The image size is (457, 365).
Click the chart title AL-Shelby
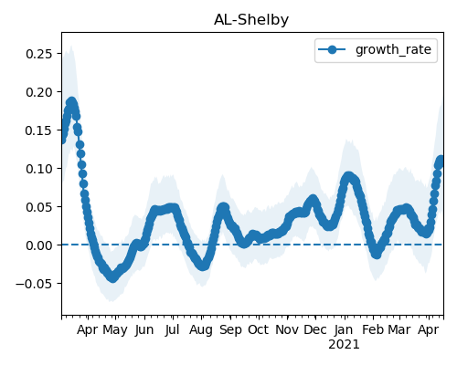click(x=251, y=20)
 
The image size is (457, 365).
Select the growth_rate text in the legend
click(x=393, y=49)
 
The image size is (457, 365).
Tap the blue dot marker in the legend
click(x=332, y=49)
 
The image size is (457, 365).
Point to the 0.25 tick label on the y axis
click(x=39, y=54)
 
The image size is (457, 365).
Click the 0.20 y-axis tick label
click(x=39, y=92)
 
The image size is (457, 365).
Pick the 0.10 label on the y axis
click(x=39, y=169)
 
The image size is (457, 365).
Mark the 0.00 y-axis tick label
click(x=39, y=245)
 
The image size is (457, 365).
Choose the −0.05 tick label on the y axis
click(x=35, y=284)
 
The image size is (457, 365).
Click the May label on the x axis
click(x=115, y=330)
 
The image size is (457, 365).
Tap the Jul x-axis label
click(x=172, y=329)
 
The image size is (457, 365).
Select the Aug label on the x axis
click(x=201, y=330)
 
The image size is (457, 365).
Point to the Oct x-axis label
click(x=259, y=329)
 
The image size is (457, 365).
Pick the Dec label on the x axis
click(x=315, y=329)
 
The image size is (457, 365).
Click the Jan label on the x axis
click(x=344, y=329)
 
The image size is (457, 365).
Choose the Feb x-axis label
click(x=373, y=329)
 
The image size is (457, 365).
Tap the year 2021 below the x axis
click(x=344, y=345)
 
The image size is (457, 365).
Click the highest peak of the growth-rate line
click(x=71, y=101)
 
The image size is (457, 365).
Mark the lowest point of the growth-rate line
click(x=113, y=277)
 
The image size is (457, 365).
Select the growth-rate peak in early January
click(x=348, y=176)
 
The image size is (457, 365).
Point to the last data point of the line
click(x=441, y=160)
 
